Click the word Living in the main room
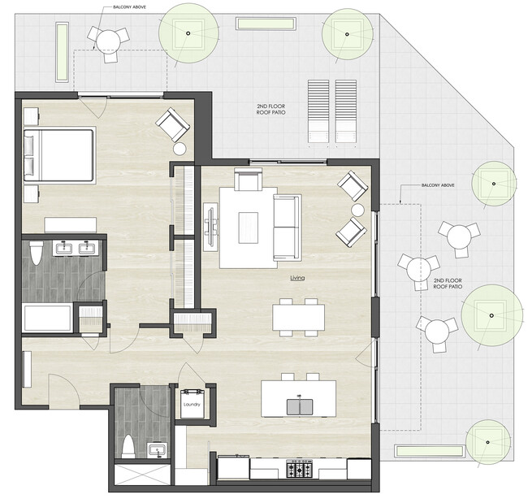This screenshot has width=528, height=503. (297, 278)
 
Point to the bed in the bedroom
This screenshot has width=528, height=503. (59, 155)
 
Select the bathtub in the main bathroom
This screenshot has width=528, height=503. (47, 318)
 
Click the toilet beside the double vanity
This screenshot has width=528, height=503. (35, 254)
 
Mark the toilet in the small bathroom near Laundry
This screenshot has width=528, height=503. (128, 447)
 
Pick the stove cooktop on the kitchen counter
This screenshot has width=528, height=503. (302, 469)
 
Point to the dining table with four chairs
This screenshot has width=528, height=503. (298, 316)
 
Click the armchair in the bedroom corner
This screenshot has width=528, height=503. (172, 125)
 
